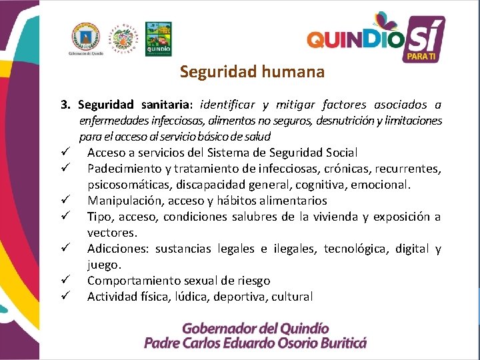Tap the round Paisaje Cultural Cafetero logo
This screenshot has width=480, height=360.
click(123, 39)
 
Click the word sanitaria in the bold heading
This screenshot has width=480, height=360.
click(166, 105)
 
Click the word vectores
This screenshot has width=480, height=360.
click(111, 233)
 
